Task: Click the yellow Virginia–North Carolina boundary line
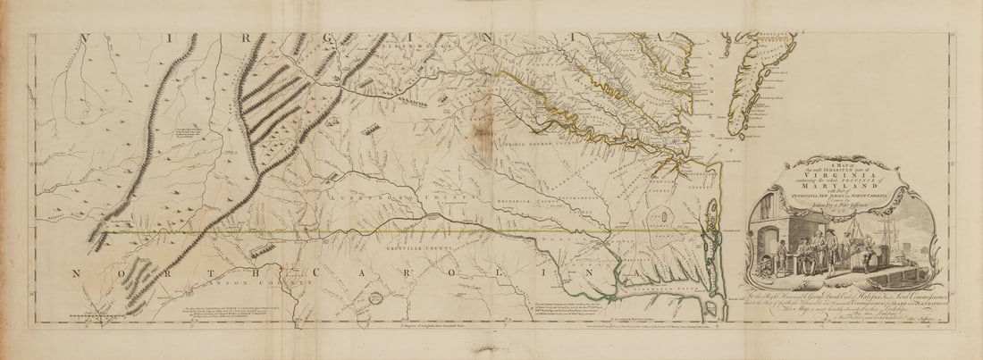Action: (x=402, y=231)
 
